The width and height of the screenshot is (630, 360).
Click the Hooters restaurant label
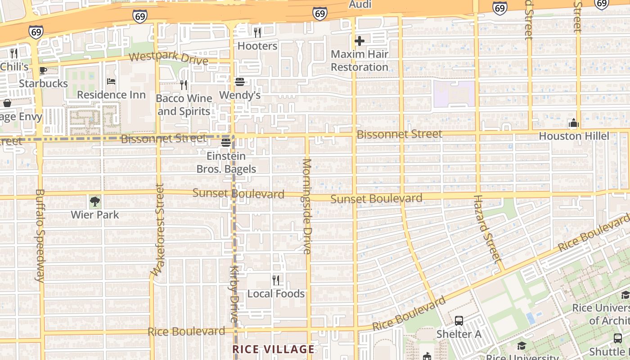tap(257, 46)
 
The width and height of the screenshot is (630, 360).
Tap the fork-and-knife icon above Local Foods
tap(276, 280)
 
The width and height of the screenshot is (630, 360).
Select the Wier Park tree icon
tap(94, 202)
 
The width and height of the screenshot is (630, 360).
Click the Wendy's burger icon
tap(239, 82)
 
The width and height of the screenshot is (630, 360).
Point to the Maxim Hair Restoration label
tap(359, 60)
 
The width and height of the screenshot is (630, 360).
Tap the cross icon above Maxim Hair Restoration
tap(359, 41)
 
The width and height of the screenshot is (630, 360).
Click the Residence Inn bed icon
tap(111, 81)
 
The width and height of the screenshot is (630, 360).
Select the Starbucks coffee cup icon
tap(43, 70)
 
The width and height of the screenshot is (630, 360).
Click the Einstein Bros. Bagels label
tap(226, 162)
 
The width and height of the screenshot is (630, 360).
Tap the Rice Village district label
tap(274, 349)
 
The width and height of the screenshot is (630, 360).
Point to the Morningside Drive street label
tap(307, 206)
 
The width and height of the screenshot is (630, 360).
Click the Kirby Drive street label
tap(234, 293)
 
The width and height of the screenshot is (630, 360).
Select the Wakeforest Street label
tap(158, 229)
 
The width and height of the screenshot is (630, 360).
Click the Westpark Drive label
tap(169, 58)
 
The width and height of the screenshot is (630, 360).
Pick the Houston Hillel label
tap(574, 136)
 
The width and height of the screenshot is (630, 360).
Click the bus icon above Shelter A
tap(459, 321)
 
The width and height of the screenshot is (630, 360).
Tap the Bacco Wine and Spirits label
tap(184, 104)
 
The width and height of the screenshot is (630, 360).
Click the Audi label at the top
tap(360, 4)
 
